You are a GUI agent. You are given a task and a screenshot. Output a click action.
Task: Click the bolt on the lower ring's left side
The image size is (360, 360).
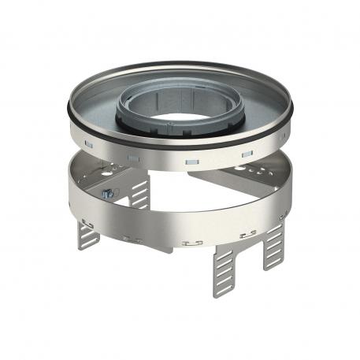pos(105,193)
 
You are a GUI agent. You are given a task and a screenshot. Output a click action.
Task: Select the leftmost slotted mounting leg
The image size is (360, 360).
pos(89,233)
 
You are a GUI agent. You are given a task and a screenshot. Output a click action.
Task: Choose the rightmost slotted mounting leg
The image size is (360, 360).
pos(274,245)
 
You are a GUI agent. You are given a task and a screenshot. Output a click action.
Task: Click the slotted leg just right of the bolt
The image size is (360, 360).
pos(139,193)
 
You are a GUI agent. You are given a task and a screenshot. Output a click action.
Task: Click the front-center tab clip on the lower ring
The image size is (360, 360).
pos(189,243)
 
